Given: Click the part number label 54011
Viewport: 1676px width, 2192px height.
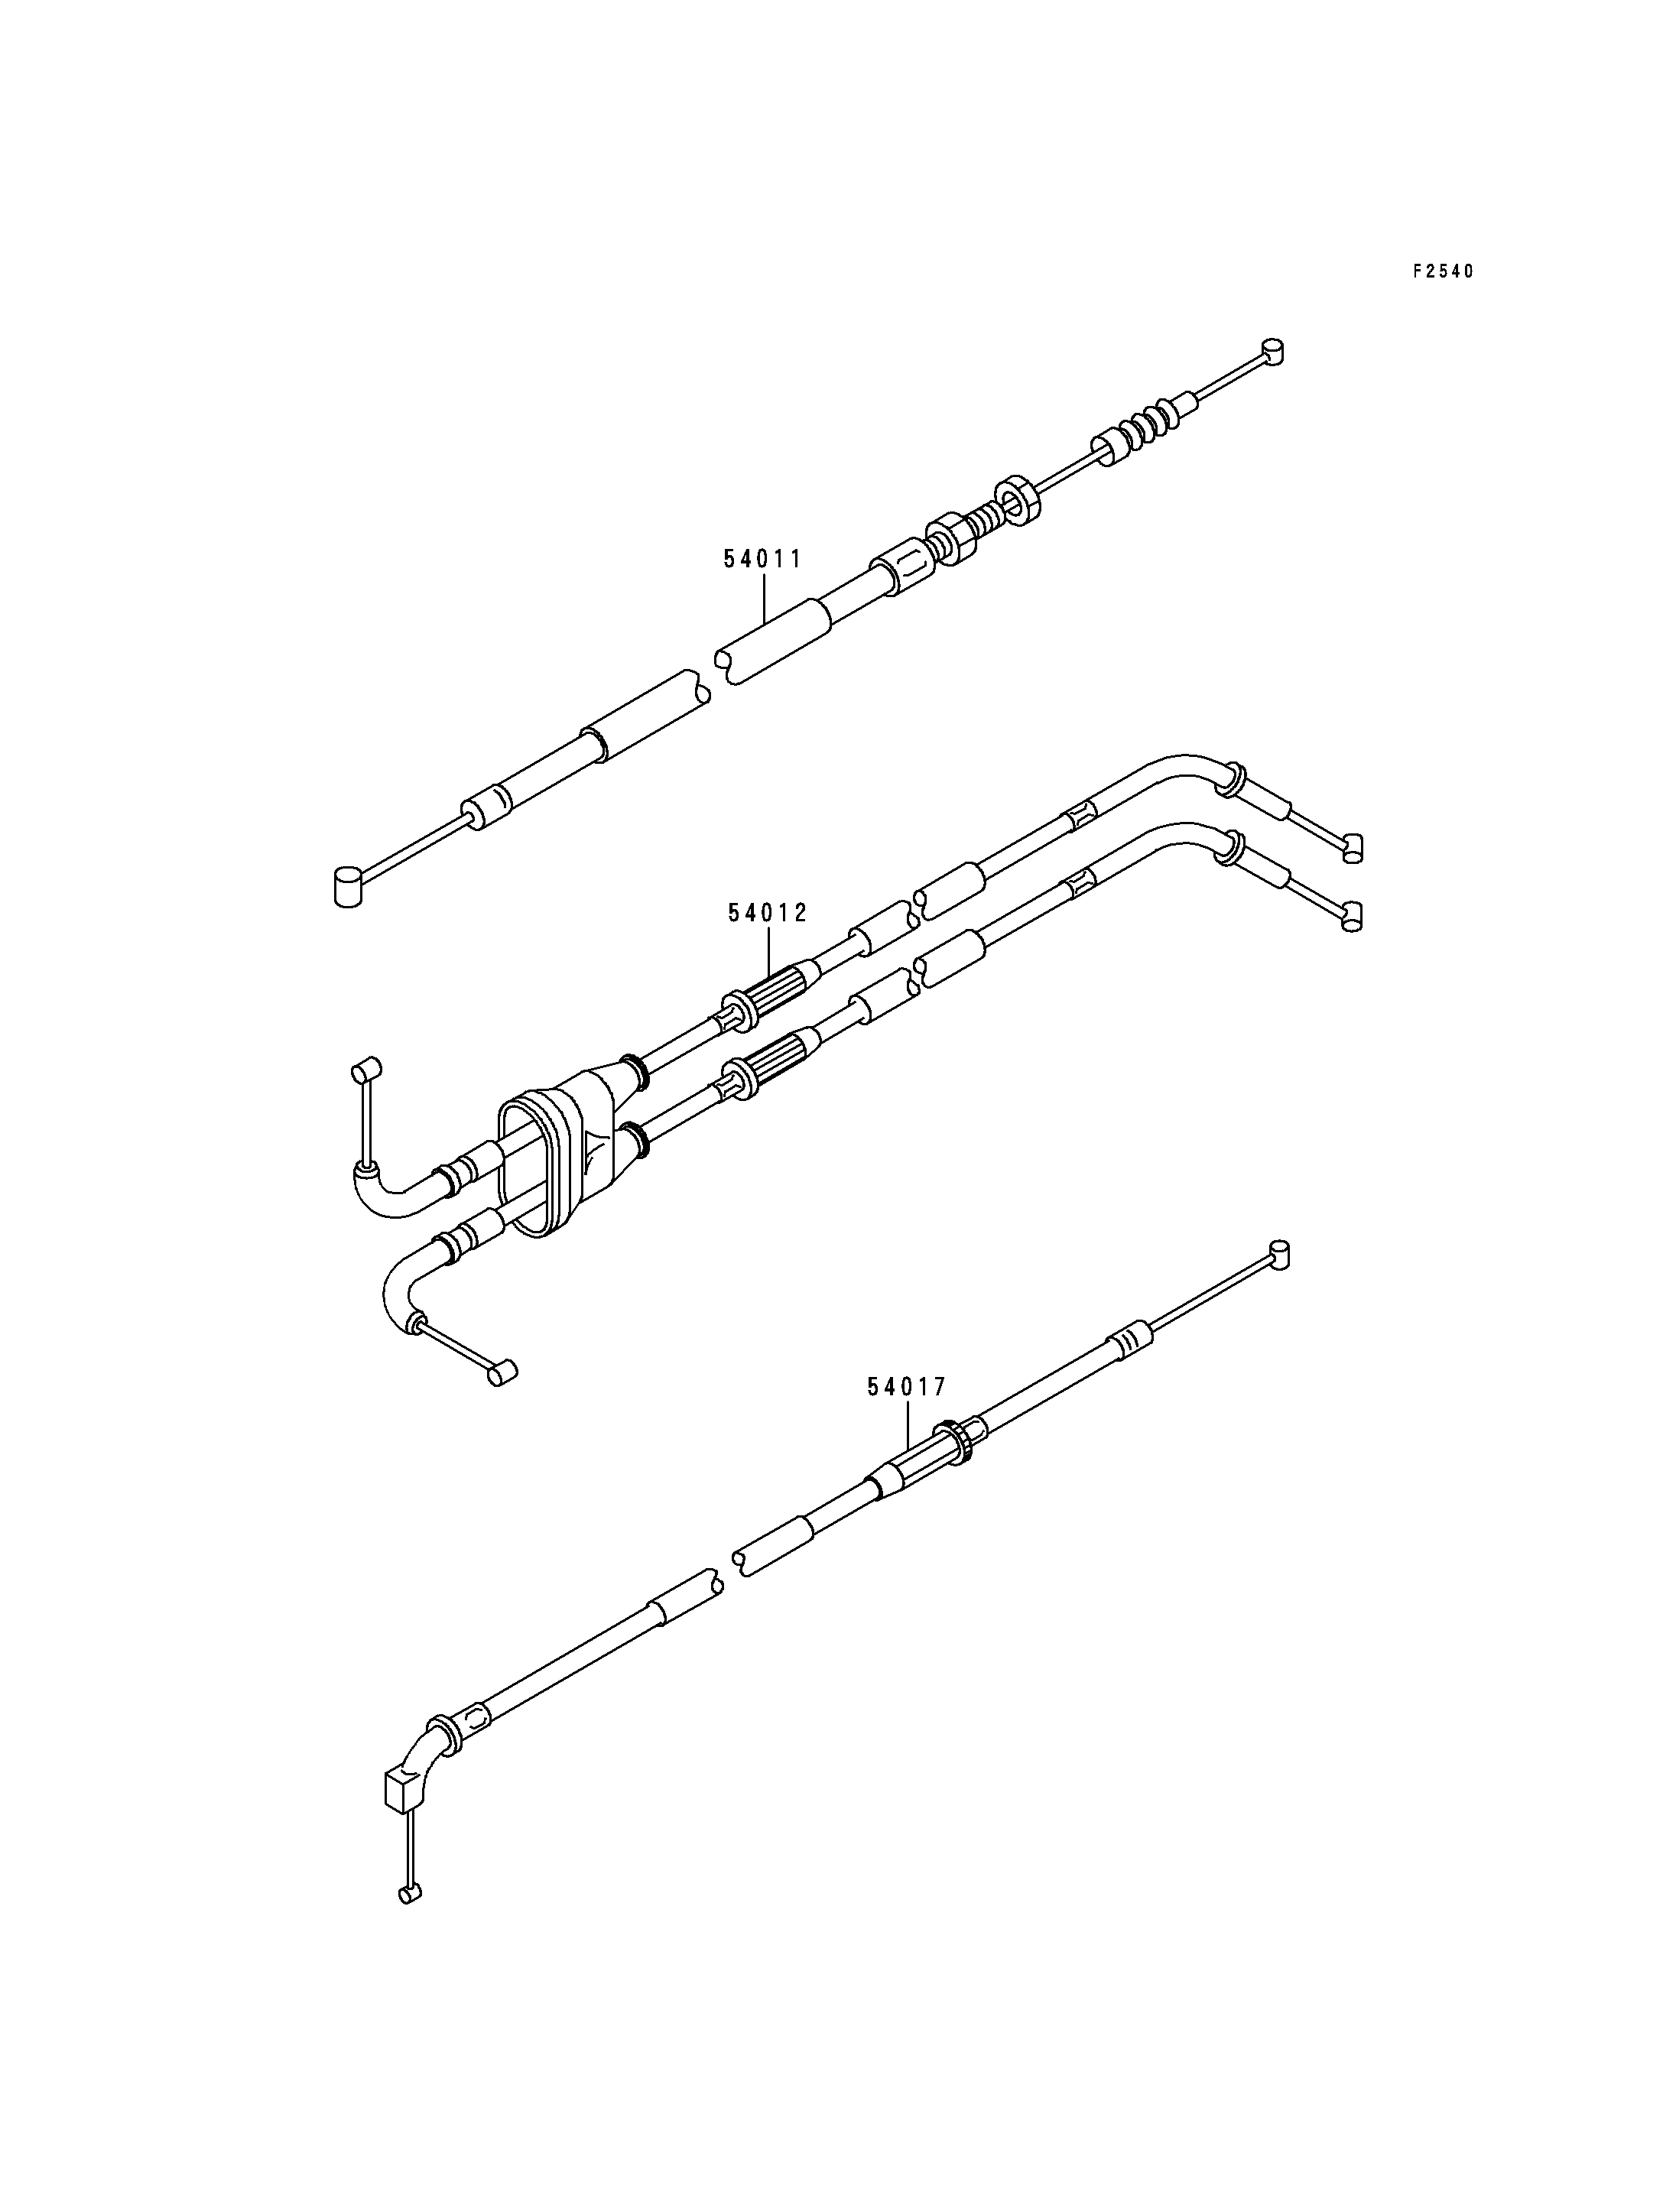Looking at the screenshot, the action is point(763,559).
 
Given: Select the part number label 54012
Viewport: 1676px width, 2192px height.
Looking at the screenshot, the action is point(767,913).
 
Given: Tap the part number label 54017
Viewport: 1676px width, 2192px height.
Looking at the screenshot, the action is point(906,1387).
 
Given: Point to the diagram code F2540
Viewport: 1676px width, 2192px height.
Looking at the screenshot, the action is point(1443,271).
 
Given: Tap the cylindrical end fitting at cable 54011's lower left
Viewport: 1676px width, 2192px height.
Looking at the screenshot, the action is point(346,887).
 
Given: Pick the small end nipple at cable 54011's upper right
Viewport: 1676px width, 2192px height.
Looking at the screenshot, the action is point(1273,351).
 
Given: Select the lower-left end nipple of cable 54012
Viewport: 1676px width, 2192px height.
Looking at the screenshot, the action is point(501,1373).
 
